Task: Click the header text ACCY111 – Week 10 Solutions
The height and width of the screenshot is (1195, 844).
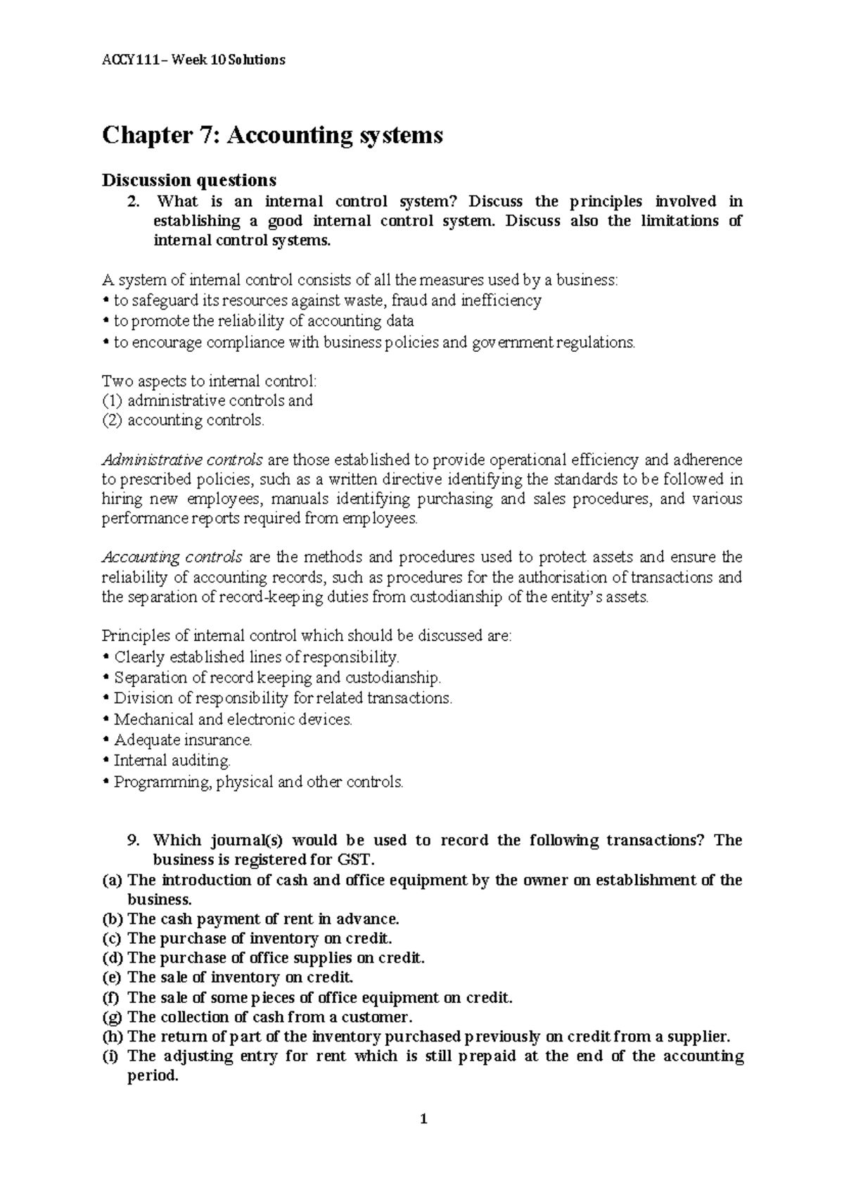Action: [193, 60]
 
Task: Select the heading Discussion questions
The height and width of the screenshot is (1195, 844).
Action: [189, 180]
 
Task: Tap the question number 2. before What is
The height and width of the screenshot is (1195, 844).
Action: [132, 201]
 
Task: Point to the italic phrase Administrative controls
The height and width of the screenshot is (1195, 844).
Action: [182, 460]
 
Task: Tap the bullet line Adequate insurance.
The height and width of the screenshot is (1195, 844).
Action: [182, 740]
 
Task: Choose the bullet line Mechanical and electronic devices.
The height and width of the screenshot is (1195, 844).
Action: [232, 719]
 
